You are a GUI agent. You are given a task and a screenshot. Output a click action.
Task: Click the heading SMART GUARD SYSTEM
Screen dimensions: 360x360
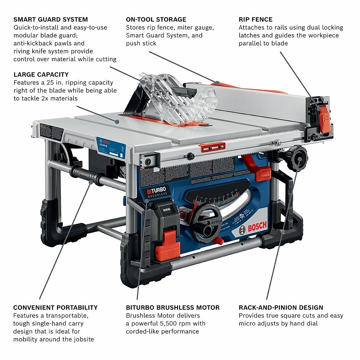click(x=51, y=19)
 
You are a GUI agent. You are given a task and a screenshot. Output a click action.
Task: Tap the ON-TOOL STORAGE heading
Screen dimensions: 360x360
click(x=156, y=19)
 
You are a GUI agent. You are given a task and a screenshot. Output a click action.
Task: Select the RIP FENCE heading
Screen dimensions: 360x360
click(x=256, y=19)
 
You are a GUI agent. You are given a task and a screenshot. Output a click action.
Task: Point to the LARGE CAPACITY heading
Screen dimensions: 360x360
click(x=41, y=74)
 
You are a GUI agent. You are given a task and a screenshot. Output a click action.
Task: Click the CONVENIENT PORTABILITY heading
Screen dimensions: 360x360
click(x=55, y=307)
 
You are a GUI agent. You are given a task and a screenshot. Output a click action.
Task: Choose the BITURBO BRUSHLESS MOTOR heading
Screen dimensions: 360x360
click(x=173, y=307)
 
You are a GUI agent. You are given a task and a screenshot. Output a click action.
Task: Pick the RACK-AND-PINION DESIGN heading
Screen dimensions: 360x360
click(x=281, y=307)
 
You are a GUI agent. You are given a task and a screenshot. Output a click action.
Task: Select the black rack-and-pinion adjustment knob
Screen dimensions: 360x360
click(x=298, y=158)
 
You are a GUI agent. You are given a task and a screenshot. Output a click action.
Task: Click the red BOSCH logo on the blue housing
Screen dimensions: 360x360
click(x=257, y=227)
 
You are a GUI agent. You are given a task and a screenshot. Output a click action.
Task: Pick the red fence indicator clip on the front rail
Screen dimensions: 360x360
click(x=212, y=147)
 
